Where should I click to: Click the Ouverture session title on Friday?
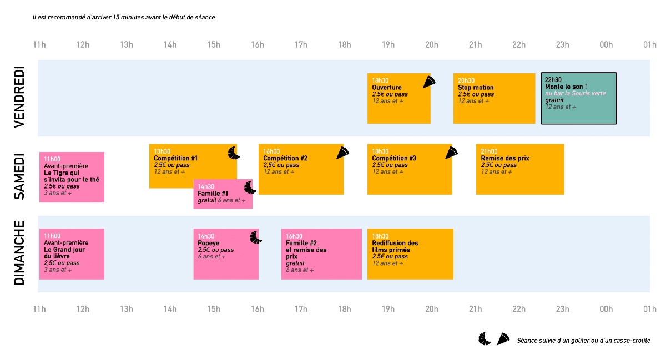[x=387, y=88]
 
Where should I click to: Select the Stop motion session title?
[x=476, y=88]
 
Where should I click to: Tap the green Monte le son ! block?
[x=578, y=98]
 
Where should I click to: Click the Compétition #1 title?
[x=175, y=158]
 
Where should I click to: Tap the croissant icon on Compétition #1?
[x=234, y=153]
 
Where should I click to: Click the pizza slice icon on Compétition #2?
[x=342, y=153]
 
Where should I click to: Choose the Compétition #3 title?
[x=394, y=158]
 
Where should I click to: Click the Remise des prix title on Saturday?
[x=505, y=158]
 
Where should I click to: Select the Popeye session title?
[x=208, y=243]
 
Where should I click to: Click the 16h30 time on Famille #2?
[x=294, y=236]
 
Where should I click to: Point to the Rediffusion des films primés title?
[x=395, y=246]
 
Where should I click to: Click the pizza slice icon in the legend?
[x=503, y=339]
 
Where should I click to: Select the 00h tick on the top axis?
[x=606, y=45]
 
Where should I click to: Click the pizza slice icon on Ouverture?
[x=429, y=82]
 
